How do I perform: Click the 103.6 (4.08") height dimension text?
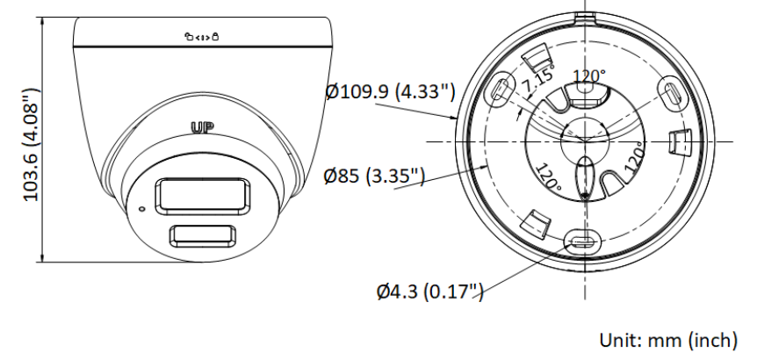[x=31, y=144]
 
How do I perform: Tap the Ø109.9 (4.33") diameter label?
[x=390, y=90]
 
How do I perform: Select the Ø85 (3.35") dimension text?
[x=374, y=176]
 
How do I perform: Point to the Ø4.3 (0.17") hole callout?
[x=429, y=291]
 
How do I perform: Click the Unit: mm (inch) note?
[x=668, y=340]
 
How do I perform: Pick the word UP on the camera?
[x=203, y=128]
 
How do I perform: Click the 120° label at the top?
[x=589, y=76]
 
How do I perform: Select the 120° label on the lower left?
[x=548, y=176]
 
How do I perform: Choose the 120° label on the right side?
[x=634, y=157]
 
